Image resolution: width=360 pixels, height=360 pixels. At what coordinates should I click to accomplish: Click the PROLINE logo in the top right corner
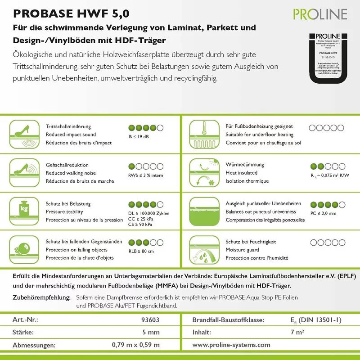320,14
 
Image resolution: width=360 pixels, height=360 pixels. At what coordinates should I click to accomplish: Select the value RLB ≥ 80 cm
141,251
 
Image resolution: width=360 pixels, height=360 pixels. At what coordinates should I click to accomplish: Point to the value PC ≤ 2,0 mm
323,213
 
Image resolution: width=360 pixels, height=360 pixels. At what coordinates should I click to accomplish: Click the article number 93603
150,320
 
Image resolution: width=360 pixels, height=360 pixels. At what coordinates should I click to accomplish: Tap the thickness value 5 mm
151,333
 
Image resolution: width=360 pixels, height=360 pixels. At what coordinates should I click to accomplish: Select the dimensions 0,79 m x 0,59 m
136,345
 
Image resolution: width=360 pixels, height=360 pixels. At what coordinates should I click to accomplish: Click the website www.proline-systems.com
231,345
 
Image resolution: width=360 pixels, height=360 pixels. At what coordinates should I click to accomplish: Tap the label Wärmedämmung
245,165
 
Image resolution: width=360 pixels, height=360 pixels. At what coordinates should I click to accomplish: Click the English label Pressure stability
64,211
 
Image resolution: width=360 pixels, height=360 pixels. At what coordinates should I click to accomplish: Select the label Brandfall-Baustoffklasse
228,320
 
